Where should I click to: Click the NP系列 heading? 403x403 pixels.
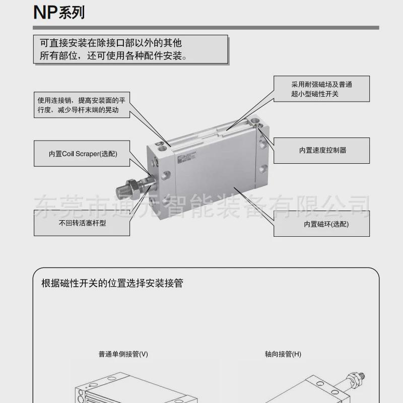click(59, 12)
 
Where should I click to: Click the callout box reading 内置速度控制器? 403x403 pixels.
click(322, 150)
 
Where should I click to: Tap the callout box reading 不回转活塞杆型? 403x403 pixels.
click(82, 223)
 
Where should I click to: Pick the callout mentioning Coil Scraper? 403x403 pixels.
click(82, 154)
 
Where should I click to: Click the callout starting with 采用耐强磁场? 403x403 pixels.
click(321, 90)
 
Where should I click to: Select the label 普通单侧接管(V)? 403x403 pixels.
click(123, 354)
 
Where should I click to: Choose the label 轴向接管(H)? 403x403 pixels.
click(283, 354)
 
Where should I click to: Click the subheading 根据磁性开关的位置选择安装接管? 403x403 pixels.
click(112, 283)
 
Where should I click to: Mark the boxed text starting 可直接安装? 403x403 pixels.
click(131, 49)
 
